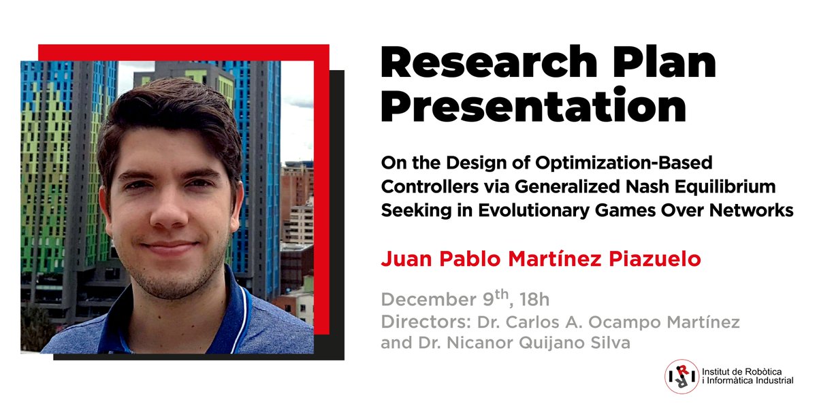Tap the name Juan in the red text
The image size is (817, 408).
(402, 260)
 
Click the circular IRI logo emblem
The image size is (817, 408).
(682, 376)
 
